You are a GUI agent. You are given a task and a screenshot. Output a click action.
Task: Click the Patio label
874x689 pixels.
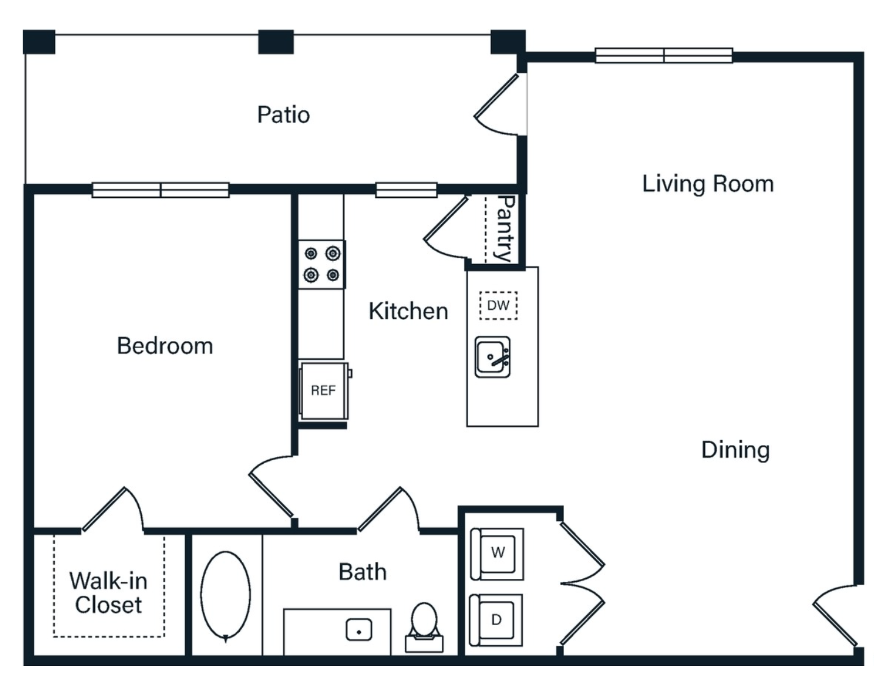pos(284,114)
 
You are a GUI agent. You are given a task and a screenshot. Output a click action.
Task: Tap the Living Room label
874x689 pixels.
pos(708,184)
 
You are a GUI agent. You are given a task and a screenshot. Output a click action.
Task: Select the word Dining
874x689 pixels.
pos(735,450)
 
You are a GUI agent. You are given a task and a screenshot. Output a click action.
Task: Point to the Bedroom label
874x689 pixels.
pos(165,346)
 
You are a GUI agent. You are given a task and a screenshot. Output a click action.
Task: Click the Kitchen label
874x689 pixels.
pos(408,311)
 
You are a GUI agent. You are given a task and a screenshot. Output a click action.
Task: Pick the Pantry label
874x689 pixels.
pos(506,228)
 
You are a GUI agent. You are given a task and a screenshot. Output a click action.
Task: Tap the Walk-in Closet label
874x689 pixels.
pos(108,593)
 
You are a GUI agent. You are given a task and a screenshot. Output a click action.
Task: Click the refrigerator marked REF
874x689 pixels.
pos(324,391)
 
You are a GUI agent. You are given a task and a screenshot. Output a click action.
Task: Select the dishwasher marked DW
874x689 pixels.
pos(498,306)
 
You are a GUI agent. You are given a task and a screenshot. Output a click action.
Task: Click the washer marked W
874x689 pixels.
pos(497,554)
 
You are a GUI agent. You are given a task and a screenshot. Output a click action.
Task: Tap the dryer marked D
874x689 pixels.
pos(496,620)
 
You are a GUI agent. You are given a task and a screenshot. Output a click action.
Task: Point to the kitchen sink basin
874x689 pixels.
pos(492,357)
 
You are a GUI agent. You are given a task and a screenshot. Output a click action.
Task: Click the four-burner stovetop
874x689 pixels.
pos(322,265)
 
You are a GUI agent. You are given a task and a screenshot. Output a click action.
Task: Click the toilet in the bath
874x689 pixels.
pos(424,628)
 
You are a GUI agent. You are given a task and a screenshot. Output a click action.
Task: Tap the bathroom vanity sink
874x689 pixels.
pos(359,629)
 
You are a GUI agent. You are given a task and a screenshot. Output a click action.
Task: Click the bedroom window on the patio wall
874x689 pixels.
pos(161,190)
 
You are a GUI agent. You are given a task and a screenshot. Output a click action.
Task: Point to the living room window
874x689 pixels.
pos(664,55)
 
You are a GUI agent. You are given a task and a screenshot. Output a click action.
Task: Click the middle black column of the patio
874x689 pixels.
pos(276,42)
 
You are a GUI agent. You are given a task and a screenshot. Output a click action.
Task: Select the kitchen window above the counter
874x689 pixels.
pos(406,190)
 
